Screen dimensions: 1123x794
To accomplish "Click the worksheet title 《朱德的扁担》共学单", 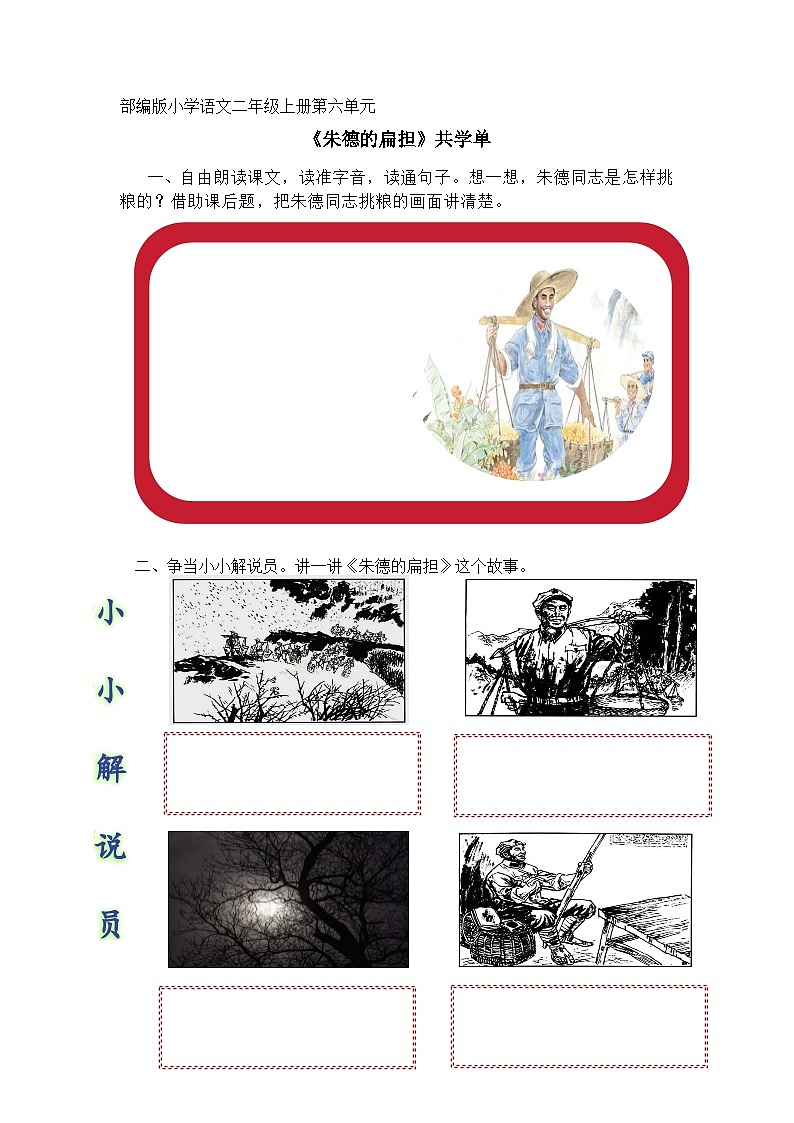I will tap(396, 139).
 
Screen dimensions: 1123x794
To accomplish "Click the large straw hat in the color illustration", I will tap(546, 285).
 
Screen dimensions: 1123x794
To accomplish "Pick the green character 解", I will tap(110, 769).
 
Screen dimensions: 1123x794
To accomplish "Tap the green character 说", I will tap(110, 846).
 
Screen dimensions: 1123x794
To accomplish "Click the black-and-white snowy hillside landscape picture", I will tap(290, 650).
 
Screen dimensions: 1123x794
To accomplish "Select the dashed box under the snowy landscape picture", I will tap(292, 773).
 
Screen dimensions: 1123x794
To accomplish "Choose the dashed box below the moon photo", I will tap(287, 1027).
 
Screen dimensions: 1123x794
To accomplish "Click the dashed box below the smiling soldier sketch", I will tap(582, 775).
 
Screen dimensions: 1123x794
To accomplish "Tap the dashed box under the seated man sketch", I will tap(578, 1026).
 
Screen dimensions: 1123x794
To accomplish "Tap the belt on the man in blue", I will tap(538, 386).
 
